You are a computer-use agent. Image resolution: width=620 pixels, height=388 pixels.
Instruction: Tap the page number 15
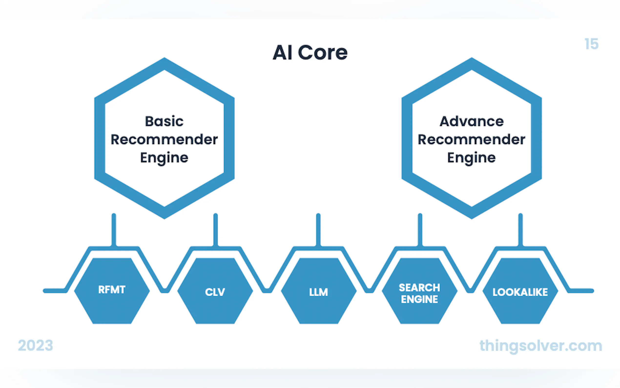[x=591, y=44]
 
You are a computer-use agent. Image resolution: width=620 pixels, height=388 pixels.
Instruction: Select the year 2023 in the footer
[x=35, y=345]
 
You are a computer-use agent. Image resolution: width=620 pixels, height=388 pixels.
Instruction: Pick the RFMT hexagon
[x=112, y=291]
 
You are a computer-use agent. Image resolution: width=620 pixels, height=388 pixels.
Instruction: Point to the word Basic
[x=164, y=121]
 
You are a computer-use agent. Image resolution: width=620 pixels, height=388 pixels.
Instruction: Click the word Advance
[x=472, y=121]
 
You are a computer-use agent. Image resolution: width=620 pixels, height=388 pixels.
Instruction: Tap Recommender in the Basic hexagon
[x=164, y=140]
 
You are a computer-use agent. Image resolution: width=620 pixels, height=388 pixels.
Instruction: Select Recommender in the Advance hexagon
[x=472, y=140]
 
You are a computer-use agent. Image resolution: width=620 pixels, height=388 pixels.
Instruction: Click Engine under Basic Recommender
[x=164, y=158]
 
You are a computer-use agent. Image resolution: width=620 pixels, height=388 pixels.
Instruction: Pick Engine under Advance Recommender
[x=472, y=158]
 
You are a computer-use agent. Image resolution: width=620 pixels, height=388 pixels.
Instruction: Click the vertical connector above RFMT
[x=114, y=230]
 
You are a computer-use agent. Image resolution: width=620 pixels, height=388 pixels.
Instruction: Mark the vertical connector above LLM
[x=318, y=230]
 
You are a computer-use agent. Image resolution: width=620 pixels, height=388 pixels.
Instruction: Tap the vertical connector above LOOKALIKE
[x=521, y=230]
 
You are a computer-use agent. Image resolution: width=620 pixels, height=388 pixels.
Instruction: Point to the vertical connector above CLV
[x=216, y=230]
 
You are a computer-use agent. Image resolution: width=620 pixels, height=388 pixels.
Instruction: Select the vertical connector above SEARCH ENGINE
[x=420, y=230]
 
